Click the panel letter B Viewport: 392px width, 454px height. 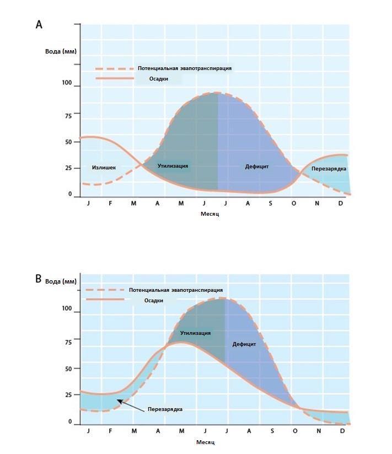coord(39,279)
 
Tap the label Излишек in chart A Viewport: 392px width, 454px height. coord(104,168)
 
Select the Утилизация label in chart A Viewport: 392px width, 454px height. coord(173,165)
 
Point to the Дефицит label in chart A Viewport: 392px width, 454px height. coord(257,166)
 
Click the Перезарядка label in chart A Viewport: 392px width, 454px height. coord(329,169)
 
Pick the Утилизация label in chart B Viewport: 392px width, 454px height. coord(195,333)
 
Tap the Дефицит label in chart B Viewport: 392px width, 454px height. coord(244,344)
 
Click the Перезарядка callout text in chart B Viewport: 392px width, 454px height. coord(164,409)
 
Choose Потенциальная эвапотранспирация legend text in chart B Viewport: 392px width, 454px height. coord(176,290)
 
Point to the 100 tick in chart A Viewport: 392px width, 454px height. coord(67,84)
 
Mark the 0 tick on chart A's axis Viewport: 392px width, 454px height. coord(71,195)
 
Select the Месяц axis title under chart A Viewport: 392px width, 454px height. coord(210,214)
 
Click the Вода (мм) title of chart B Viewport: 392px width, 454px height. coord(61,281)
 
